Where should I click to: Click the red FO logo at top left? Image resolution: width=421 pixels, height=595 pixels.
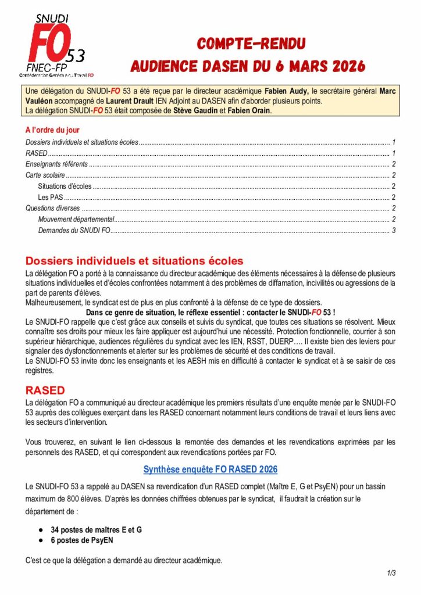[x=51, y=44]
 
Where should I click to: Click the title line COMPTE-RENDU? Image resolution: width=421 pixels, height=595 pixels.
[x=251, y=44]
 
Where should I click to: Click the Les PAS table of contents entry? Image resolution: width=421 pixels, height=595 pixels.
[x=50, y=198]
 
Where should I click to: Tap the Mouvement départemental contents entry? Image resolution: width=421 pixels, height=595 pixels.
[x=76, y=219]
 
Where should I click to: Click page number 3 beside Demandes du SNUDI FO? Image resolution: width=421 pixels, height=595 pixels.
[x=394, y=230]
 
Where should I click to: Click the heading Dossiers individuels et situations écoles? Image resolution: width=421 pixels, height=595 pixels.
[x=134, y=261]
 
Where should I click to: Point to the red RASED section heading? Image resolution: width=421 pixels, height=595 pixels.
[x=45, y=390]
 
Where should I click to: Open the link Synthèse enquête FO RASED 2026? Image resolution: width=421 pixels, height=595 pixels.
[x=211, y=469]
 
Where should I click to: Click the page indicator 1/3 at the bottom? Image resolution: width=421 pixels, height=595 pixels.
[x=391, y=574]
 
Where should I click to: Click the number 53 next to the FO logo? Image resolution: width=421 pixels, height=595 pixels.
[x=76, y=56]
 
